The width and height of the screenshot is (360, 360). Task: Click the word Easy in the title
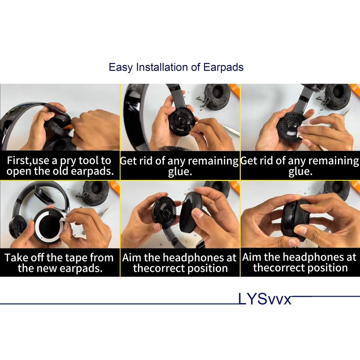pyautogui.click(x=121, y=67)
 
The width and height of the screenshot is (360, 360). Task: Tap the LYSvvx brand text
pyautogui.click(x=265, y=299)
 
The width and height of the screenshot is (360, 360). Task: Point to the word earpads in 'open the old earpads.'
pyautogui.click(x=90, y=172)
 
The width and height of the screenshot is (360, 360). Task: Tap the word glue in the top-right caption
pyautogui.click(x=300, y=172)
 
